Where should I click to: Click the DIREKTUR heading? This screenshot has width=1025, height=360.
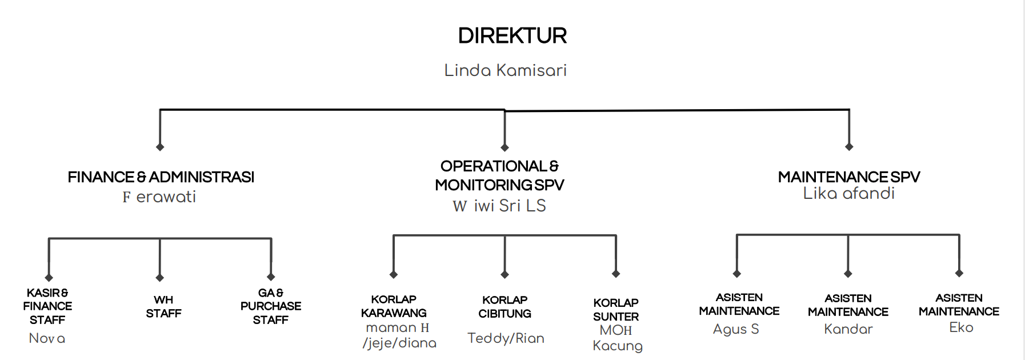(x=512, y=36)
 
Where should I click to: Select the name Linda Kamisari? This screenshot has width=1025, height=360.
(x=506, y=70)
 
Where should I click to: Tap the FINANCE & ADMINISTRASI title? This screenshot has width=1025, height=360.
(x=161, y=177)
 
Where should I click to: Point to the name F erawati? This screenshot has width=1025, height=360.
(x=159, y=197)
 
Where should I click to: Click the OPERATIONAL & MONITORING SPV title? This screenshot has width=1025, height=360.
(x=499, y=175)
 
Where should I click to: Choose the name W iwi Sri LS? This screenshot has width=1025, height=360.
(x=499, y=206)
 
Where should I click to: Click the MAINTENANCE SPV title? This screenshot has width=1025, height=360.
(x=849, y=177)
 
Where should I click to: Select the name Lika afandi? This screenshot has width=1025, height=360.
(x=848, y=193)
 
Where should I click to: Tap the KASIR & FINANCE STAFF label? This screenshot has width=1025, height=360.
(x=47, y=306)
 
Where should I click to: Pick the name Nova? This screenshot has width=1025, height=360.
(x=47, y=338)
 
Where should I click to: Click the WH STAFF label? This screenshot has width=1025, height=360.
(x=163, y=307)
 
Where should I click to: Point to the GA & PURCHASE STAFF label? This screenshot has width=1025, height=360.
(x=271, y=306)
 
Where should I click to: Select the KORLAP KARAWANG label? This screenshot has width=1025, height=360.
(x=394, y=306)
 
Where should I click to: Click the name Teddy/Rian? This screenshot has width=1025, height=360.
(x=506, y=338)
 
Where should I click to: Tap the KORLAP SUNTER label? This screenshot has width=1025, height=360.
(x=616, y=310)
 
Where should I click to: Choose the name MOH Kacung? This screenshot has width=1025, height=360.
(x=617, y=338)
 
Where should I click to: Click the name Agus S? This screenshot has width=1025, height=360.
(x=736, y=329)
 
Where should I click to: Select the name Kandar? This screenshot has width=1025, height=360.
(x=848, y=329)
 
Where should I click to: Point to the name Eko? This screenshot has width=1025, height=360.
(x=961, y=327)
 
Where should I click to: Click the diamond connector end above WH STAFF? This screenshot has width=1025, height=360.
(x=160, y=278)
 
